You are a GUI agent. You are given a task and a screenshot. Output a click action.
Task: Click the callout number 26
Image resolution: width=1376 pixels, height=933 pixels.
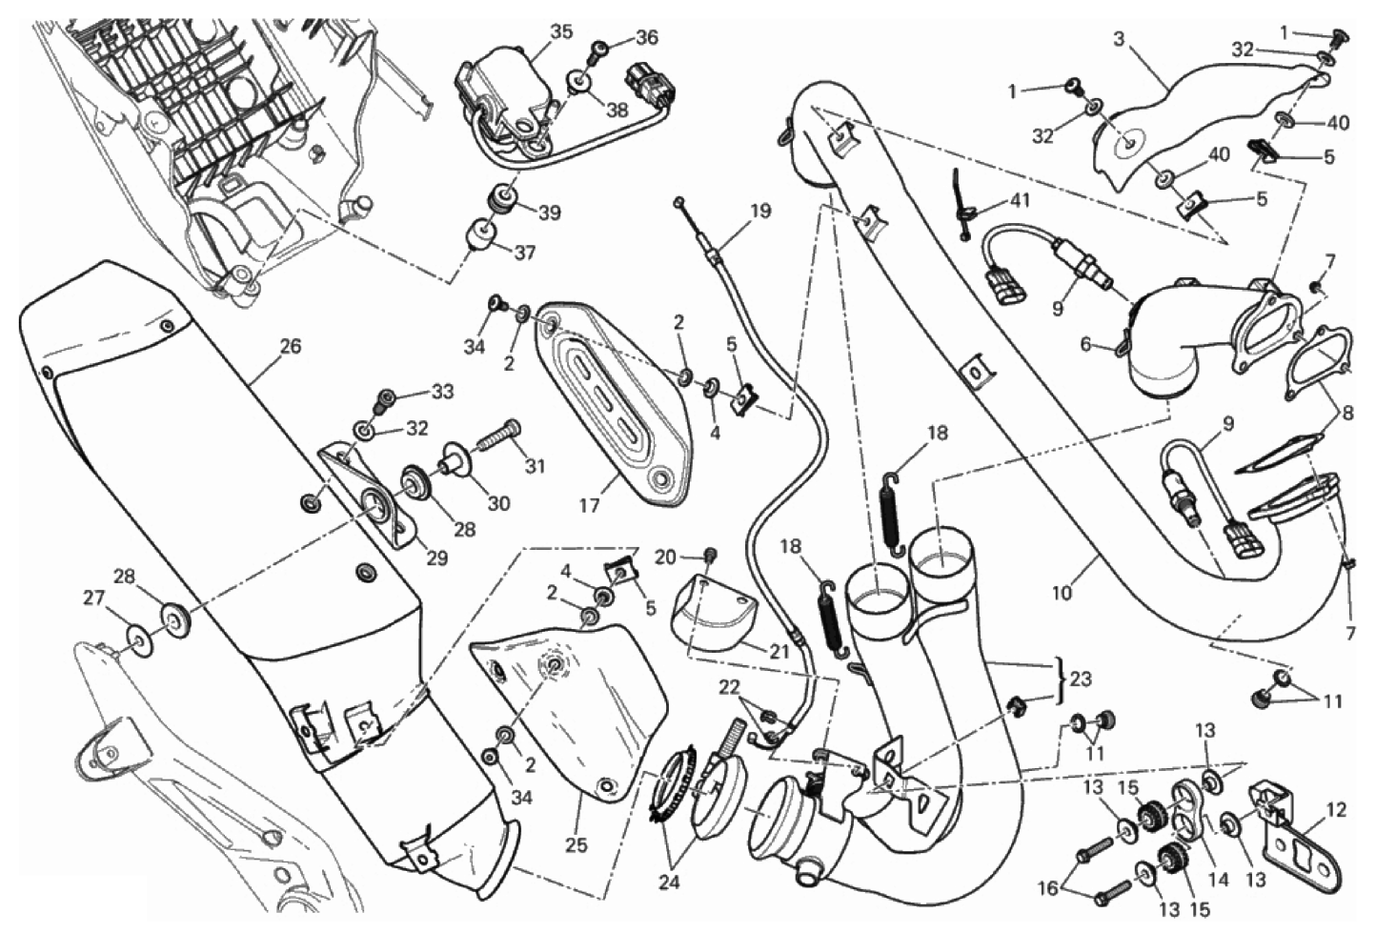pos(291,347)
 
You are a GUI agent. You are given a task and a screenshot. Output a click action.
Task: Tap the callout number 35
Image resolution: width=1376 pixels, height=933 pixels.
pos(561,31)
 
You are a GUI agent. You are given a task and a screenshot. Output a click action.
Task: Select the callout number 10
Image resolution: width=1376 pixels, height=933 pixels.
pos(1062,594)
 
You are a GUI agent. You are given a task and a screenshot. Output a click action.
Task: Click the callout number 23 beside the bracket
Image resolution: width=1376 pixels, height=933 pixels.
pos(1081,679)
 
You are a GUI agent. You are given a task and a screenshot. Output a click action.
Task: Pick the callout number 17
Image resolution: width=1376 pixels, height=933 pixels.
pos(591,506)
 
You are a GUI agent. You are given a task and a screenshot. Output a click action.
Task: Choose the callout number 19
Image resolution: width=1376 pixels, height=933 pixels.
pos(759,212)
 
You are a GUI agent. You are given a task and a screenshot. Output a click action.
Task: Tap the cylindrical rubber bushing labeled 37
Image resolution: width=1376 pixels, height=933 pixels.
pos(483,237)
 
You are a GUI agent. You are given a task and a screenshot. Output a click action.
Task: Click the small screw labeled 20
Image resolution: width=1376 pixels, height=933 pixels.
pos(711,557)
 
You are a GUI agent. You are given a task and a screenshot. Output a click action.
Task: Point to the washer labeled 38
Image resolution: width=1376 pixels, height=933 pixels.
pos(578,83)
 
